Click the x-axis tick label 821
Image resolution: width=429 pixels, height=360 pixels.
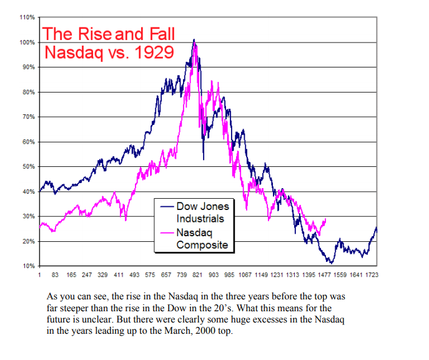[197, 274]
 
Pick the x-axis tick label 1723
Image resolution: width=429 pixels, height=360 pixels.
[372, 274]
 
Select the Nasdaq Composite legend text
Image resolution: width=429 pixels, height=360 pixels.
[201, 238]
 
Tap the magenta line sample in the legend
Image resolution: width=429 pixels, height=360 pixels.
[166, 232]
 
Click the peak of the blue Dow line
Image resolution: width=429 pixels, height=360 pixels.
[194, 40]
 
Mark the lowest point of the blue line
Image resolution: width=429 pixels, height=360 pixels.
[330, 262]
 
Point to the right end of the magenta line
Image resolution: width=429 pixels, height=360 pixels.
[325, 219]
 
